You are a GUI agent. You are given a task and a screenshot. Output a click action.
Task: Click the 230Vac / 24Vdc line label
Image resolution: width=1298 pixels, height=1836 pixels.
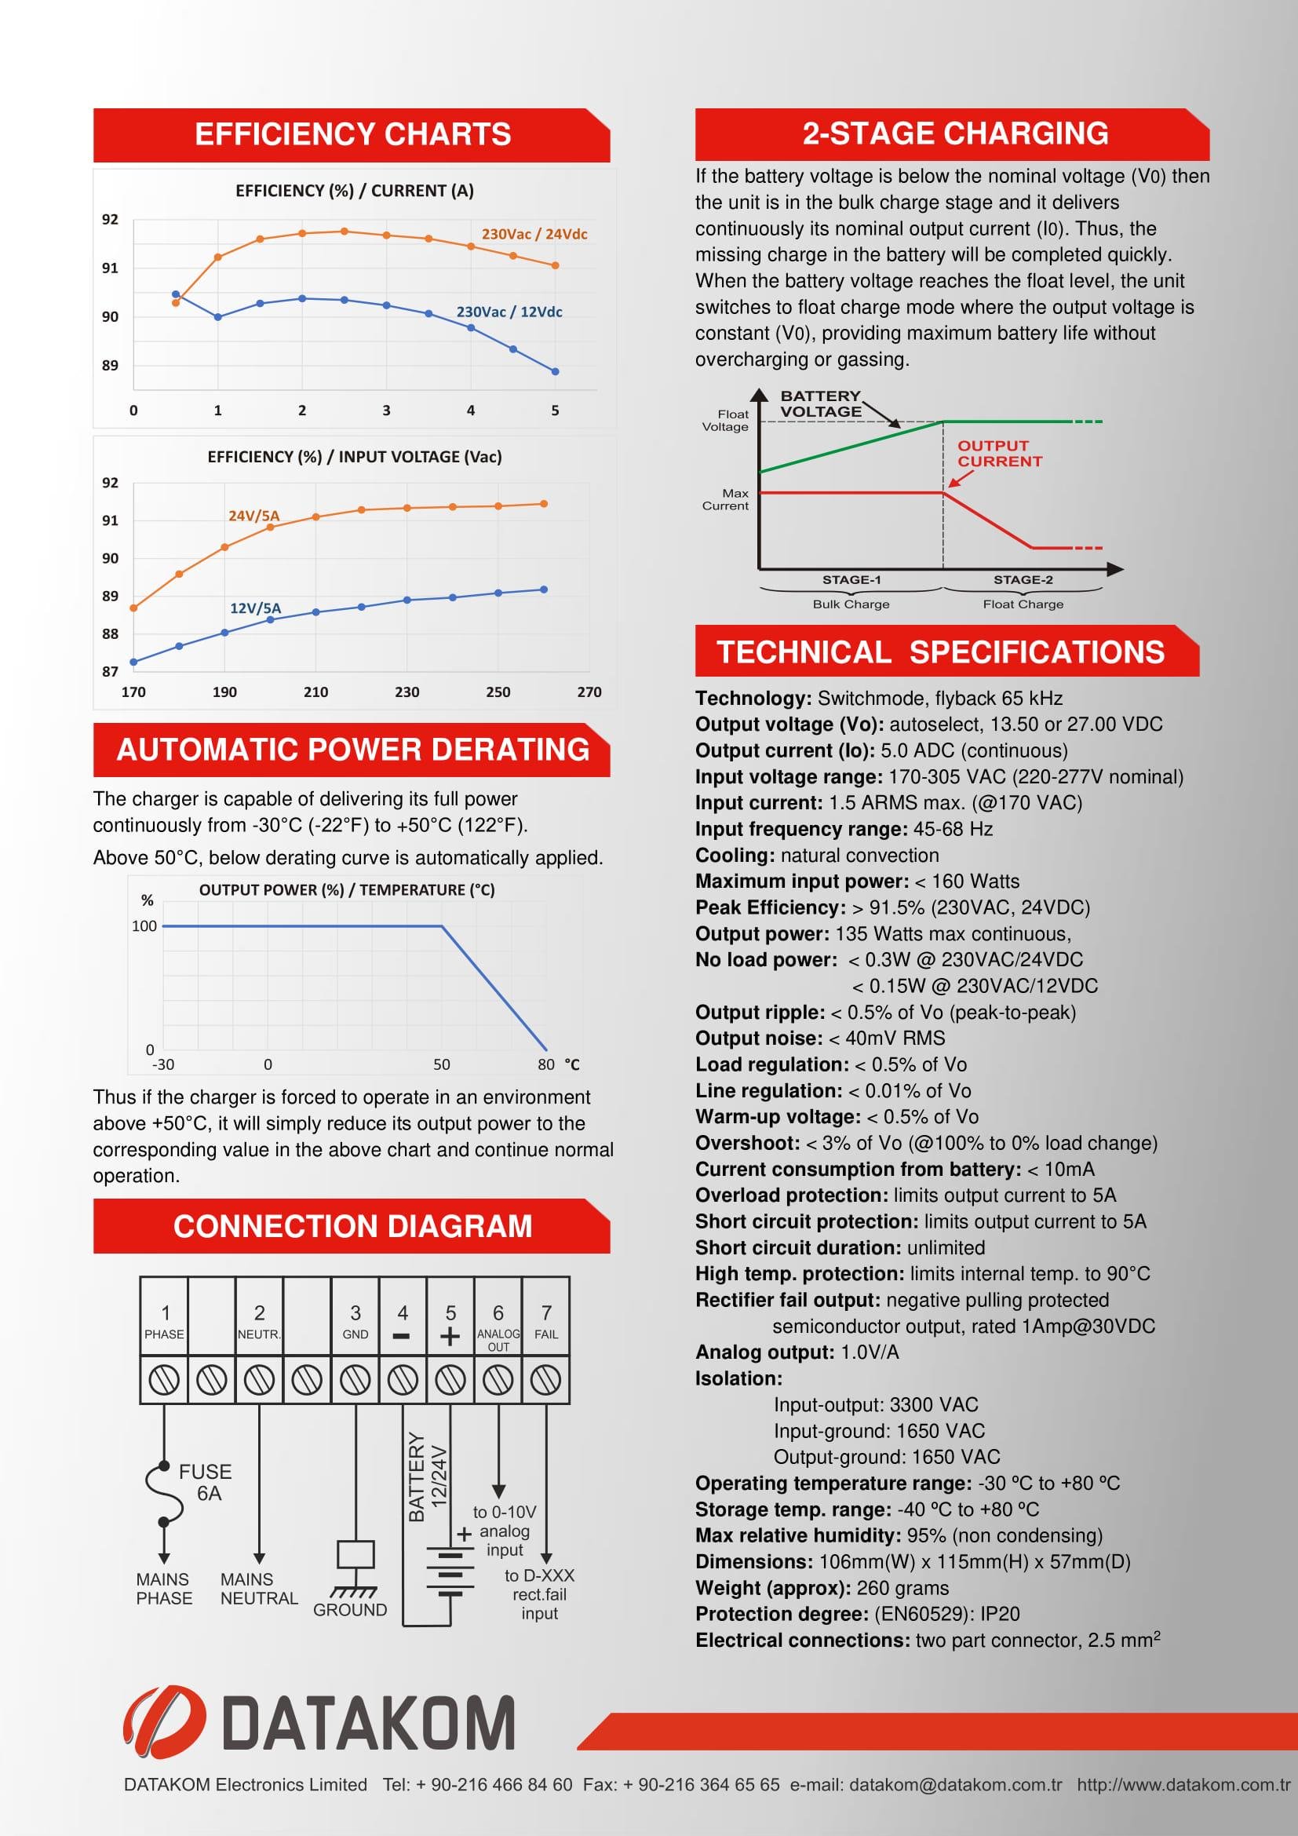(x=534, y=234)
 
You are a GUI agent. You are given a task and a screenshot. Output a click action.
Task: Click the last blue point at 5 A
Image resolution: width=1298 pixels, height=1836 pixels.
(x=556, y=371)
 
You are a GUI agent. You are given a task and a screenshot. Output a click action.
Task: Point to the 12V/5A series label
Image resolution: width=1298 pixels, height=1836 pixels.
(x=255, y=608)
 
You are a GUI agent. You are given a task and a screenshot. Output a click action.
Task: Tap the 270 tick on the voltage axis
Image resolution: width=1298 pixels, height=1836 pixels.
(x=589, y=692)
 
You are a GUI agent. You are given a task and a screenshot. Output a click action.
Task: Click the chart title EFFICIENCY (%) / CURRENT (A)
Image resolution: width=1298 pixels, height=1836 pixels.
(x=354, y=191)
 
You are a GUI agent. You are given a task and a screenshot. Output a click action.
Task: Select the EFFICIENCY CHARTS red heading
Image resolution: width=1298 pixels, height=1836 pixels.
(x=352, y=134)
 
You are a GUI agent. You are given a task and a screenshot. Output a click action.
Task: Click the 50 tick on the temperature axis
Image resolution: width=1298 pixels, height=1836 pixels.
(x=441, y=1065)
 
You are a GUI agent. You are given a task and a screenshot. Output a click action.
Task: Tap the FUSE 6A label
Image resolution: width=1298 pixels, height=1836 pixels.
(x=206, y=1483)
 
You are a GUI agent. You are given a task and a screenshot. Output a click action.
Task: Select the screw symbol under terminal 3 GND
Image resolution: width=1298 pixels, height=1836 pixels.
(x=355, y=1380)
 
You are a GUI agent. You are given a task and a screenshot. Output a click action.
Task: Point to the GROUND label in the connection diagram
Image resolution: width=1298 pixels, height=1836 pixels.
(x=350, y=1610)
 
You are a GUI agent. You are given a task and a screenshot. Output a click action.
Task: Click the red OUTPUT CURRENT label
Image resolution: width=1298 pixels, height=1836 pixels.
(x=999, y=454)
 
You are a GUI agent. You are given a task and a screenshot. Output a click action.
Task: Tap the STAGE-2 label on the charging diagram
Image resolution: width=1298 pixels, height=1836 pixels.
(x=1023, y=580)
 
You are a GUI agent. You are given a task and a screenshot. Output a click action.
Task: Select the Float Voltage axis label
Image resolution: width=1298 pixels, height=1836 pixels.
(x=725, y=421)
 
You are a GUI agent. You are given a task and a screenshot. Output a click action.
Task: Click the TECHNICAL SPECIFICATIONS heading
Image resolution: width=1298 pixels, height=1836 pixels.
(x=940, y=652)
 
